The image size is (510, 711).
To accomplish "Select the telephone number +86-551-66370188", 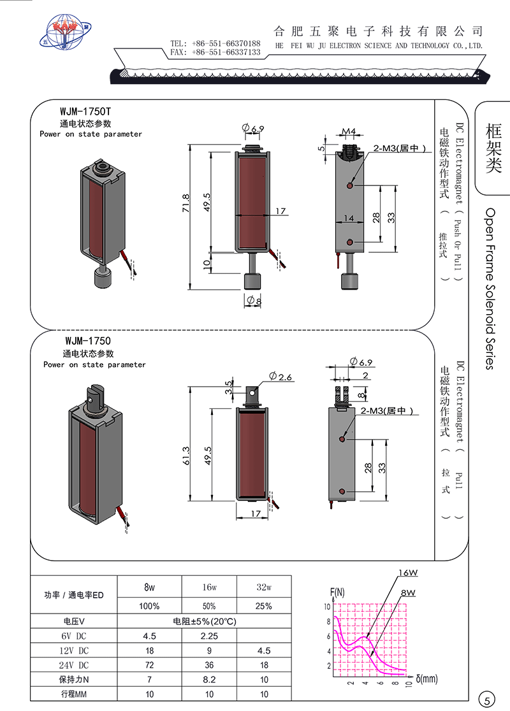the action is click(x=226, y=43).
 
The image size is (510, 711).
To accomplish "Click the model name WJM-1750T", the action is click(x=85, y=111).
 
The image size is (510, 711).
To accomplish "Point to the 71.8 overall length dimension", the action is click(x=186, y=203).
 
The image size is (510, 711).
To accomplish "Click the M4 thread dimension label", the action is click(x=349, y=131).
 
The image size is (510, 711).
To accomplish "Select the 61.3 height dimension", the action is click(x=186, y=456).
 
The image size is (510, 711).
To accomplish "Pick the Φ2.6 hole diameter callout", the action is click(x=280, y=377).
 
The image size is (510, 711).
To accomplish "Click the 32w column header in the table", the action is click(x=264, y=587).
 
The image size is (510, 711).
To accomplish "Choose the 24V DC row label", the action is click(x=74, y=665).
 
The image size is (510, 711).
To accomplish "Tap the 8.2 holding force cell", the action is click(x=209, y=680).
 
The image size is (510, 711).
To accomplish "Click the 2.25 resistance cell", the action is click(x=209, y=636).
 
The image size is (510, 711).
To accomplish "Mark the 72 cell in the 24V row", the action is click(x=149, y=665).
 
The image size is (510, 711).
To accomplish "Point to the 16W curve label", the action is click(x=408, y=573).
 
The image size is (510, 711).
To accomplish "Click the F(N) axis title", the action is click(x=337, y=592).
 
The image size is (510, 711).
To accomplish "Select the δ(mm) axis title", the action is click(x=426, y=679).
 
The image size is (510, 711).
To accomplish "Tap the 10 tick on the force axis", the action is click(x=327, y=607).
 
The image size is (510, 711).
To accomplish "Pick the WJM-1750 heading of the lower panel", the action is click(x=87, y=341).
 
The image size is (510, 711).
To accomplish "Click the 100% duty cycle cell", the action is click(x=149, y=607).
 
